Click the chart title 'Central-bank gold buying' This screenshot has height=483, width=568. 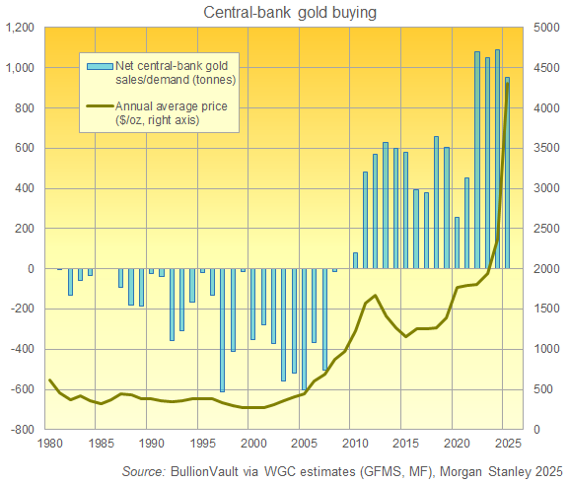283,12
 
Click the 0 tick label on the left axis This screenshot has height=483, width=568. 31,269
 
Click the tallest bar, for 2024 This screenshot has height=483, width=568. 496,159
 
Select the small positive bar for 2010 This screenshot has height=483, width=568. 355,260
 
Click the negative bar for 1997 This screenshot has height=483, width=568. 222,330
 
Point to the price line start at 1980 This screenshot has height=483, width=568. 49,380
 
